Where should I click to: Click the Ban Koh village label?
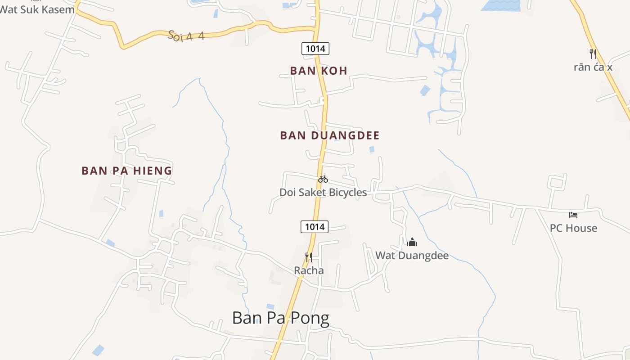pos(319,71)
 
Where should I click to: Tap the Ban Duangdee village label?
pos(330,135)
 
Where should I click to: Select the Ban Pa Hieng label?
pos(127,171)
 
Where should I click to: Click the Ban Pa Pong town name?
pos(281,318)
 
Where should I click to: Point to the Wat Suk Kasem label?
pos(37,9)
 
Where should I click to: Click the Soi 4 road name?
pos(186,36)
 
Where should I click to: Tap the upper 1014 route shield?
pos(315,49)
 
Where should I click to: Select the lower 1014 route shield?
pos(315,227)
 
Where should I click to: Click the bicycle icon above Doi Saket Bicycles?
pos(323,179)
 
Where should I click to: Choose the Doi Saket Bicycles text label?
pos(323,193)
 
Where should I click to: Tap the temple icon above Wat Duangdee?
pos(412,243)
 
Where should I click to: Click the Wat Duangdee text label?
pos(412,256)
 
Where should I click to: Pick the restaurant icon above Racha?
pos(309,257)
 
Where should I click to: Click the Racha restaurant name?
pos(309,270)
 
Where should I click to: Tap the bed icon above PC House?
pos(573,215)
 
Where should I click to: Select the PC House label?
pos(573,228)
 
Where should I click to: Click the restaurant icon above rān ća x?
pos(593,54)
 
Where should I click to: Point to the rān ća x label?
pos(593,67)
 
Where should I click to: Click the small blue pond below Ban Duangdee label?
pos(372,149)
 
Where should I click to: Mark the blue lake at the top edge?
pos(500,5)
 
